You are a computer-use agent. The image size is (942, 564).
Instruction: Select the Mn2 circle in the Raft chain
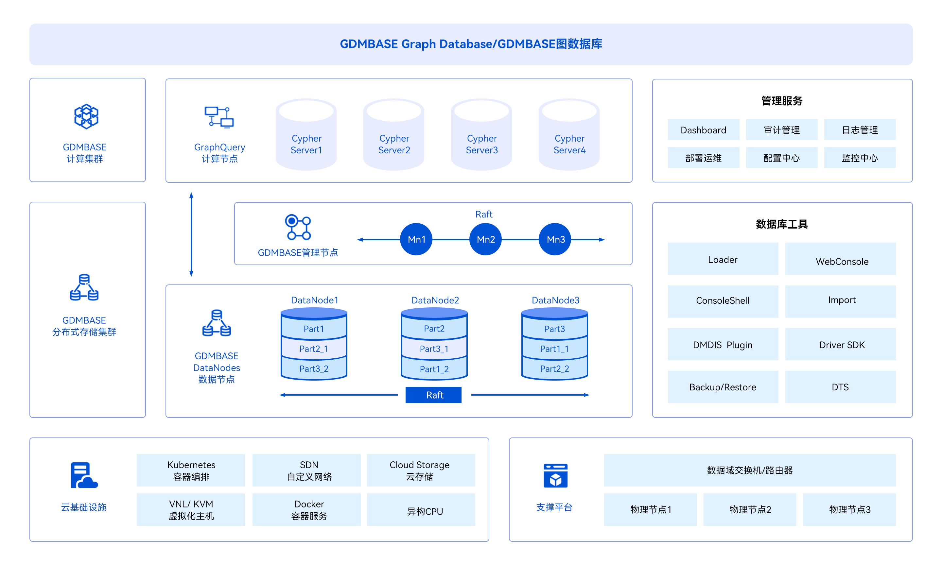(x=485, y=239)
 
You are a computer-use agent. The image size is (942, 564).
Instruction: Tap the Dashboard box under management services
(x=703, y=130)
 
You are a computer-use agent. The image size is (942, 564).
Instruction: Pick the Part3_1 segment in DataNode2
(x=434, y=349)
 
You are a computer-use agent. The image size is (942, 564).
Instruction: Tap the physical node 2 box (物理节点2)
(x=750, y=509)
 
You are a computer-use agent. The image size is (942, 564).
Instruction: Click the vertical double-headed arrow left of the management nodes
(x=191, y=234)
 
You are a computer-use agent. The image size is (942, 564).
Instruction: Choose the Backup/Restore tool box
(x=722, y=387)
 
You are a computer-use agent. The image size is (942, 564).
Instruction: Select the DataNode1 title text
(x=314, y=300)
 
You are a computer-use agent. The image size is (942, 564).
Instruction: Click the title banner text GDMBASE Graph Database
(x=471, y=44)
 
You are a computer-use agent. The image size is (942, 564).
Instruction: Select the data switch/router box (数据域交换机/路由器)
(x=749, y=470)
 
